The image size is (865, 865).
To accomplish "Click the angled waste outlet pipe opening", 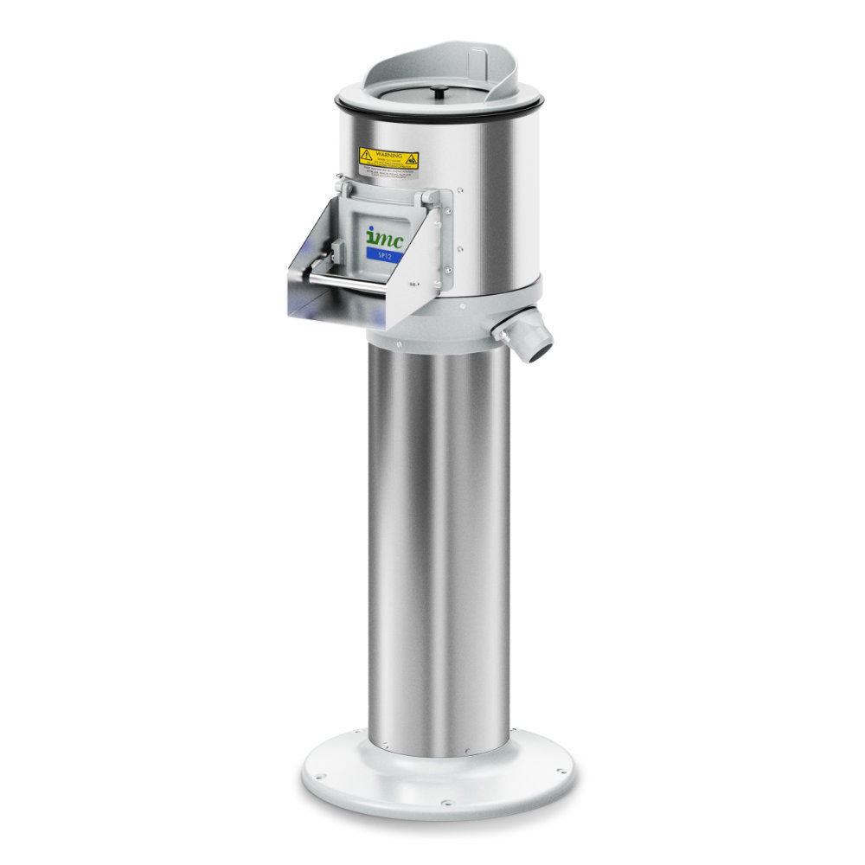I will click(x=539, y=349).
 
